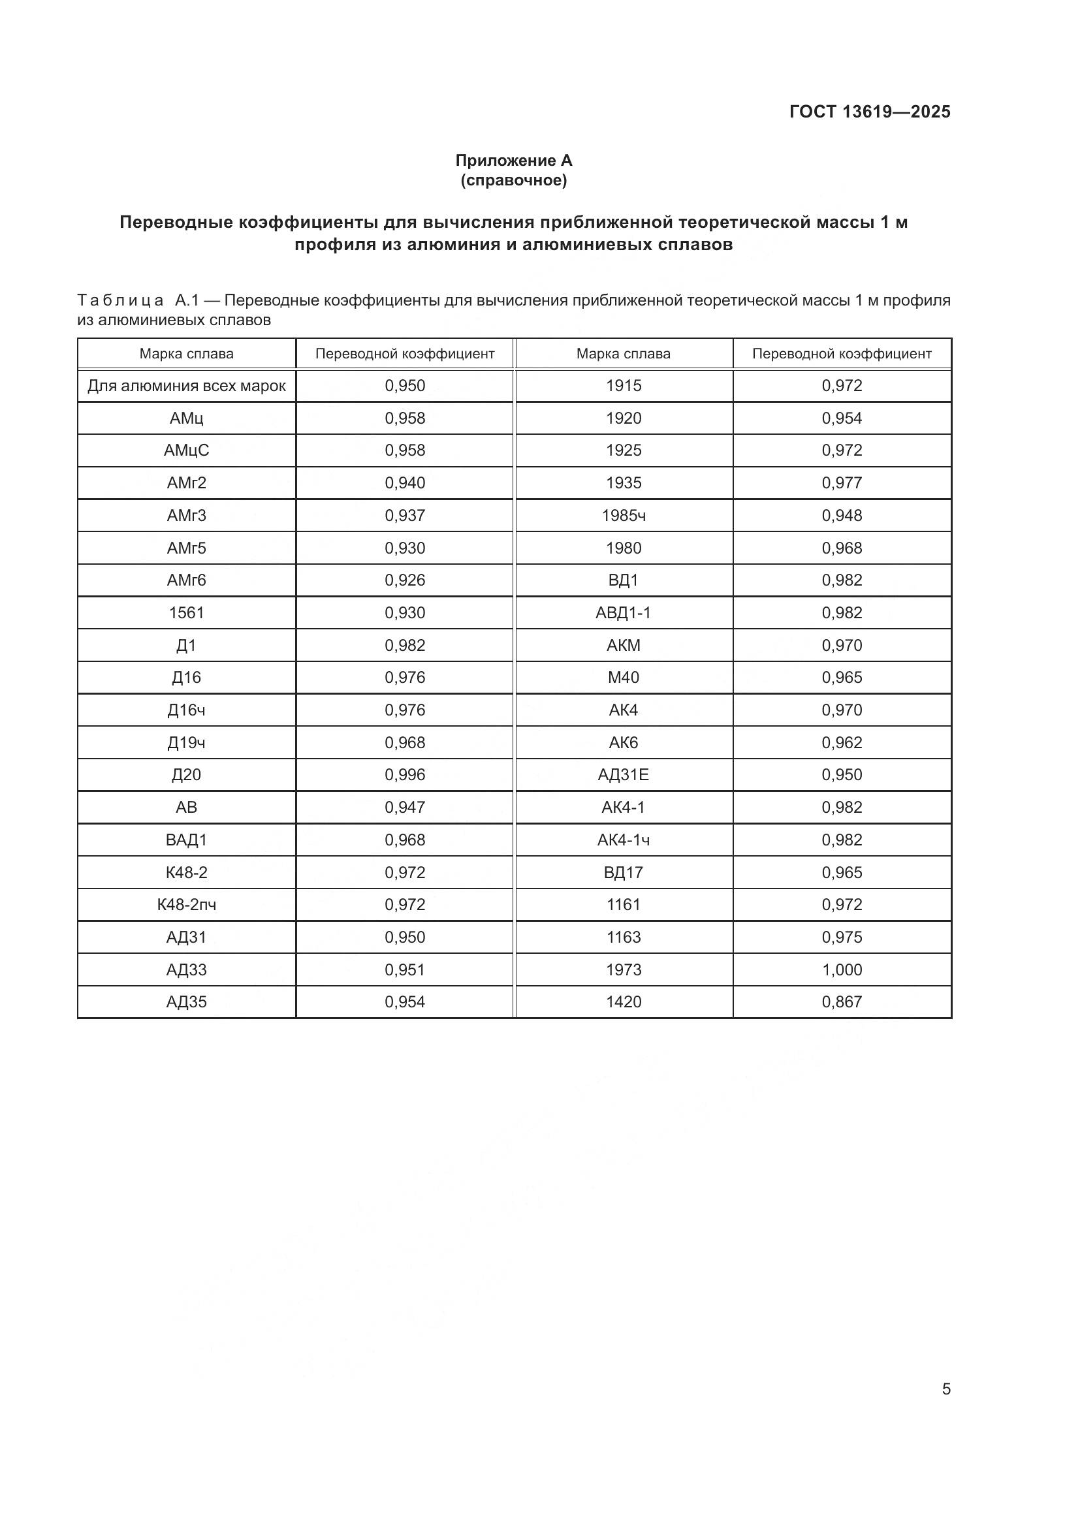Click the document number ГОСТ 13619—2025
point(869,112)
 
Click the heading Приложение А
point(513,161)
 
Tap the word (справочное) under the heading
point(513,180)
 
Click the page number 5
point(945,1389)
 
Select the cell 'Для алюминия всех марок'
point(186,386)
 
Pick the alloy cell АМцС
point(186,450)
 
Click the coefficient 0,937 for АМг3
point(404,516)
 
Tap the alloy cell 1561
point(186,612)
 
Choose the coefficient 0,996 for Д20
point(404,775)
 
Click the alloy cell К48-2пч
point(186,904)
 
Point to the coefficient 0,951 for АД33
point(404,969)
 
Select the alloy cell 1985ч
point(623,516)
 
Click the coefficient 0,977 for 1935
point(841,483)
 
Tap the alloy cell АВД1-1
point(623,612)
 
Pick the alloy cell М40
point(623,678)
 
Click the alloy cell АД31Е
point(623,775)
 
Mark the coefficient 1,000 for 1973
point(841,969)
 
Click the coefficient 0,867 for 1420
point(841,1001)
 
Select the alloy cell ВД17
point(623,872)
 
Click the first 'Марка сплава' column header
point(186,354)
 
